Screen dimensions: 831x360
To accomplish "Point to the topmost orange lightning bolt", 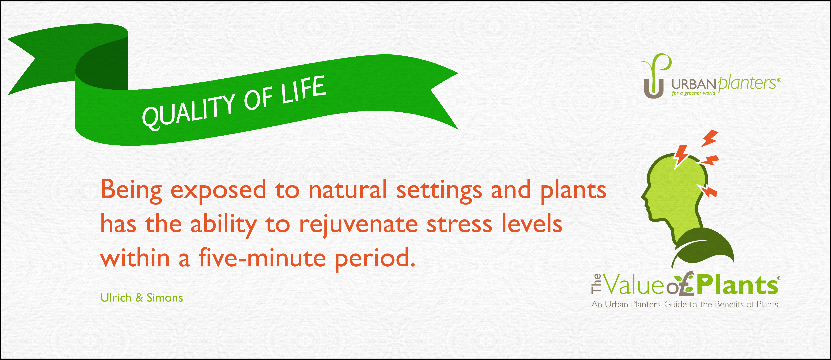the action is click(x=709, y=138).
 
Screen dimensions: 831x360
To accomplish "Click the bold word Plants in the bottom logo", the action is click(x=737, y=286).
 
